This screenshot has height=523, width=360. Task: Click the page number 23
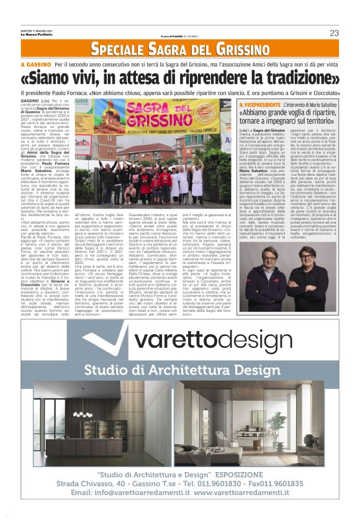pyautogui.click(x=335, y=32)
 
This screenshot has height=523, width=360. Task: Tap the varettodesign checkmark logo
pyautogui.click(x=100, y=339)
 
